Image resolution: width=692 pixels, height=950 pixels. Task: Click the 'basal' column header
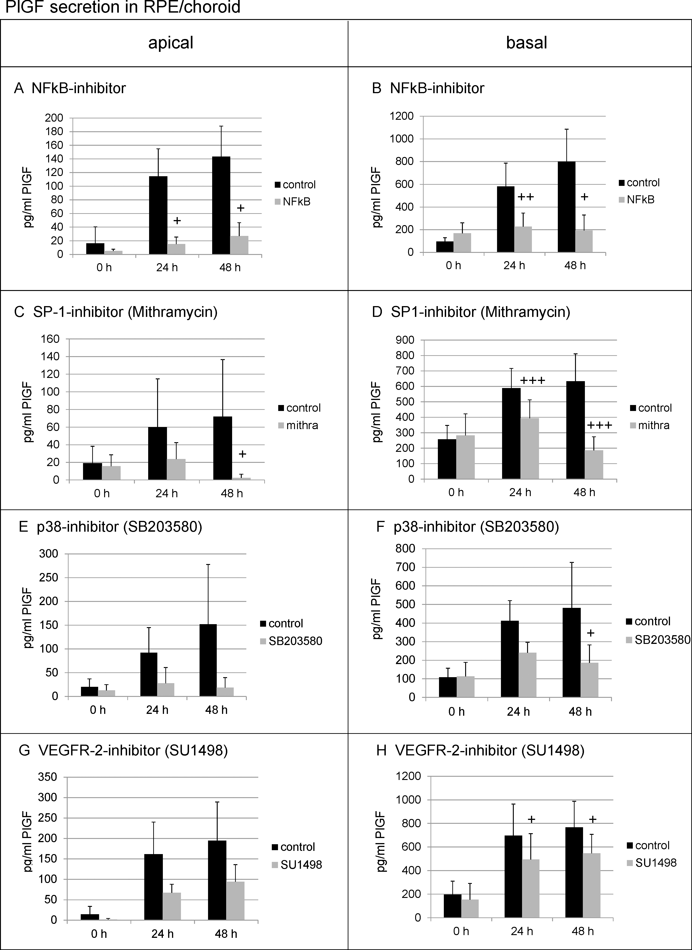click(527, 43)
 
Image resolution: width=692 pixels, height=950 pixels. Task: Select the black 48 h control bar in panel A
click(221, 205)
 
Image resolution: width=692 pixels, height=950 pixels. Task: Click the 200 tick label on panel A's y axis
click(54, 118)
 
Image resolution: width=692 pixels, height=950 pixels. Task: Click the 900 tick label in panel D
click(405, 340)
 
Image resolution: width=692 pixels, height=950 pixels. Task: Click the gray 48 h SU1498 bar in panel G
click(235, 901)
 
